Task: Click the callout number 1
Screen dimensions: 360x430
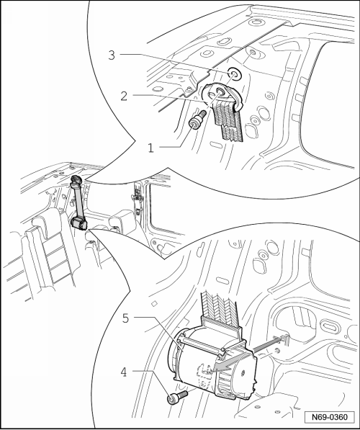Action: pyautogui.click(x=150, y=148)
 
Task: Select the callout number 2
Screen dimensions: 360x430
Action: pyautogui.click(x=124, y=97)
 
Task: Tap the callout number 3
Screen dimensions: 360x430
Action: pyautogui.click(x=112, y=55)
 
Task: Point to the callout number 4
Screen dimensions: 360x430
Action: pyautogui.click(x=124, y=372)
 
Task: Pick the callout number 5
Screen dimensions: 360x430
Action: pyautogui.click(x=125, y=318)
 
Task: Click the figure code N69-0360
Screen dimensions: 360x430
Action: pyautogui.click(x=329, y=417)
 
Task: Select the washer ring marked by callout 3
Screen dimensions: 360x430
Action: pyautogui.click(x=234, y=73)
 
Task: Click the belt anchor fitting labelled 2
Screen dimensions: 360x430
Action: pyautogui.click(x=222, y=95)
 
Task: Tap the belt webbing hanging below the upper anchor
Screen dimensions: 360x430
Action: pyautogui.click(x=228, y=121)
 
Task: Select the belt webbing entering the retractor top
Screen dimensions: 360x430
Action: pyautogui.click(x=220, y=307)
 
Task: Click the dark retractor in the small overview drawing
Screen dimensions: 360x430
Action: pyautogui.click(x=78, y=223)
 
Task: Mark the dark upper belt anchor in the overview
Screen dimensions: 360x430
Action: pyautogui.click(x=76, y=181)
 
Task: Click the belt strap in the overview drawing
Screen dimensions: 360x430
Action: pyautogui.click(x=78, y=202)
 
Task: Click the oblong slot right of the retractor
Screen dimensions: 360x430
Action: pyautogui.click(x=330, y=326)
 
